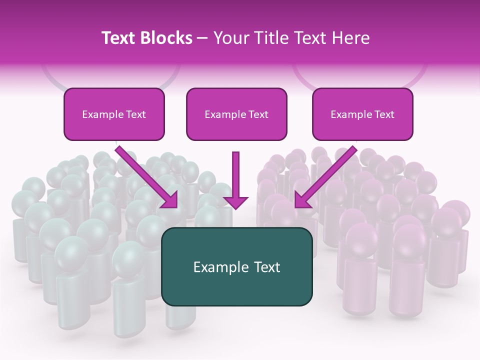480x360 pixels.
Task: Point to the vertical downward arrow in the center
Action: pos(235,175)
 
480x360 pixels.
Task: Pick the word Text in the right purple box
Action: pos(384,114)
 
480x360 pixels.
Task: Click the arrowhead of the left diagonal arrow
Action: pos(170,200)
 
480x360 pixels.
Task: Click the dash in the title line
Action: pos(202,38)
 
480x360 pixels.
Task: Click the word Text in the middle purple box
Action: pos(258,114)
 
